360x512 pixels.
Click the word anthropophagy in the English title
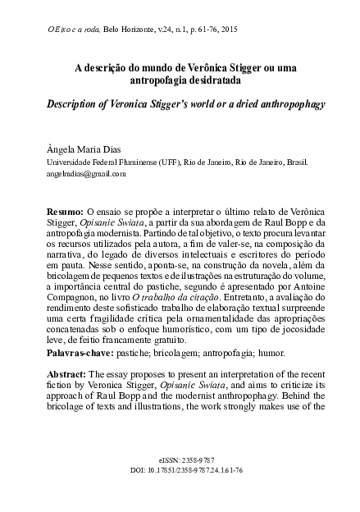pyautogui.click(x=272, y=108)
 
